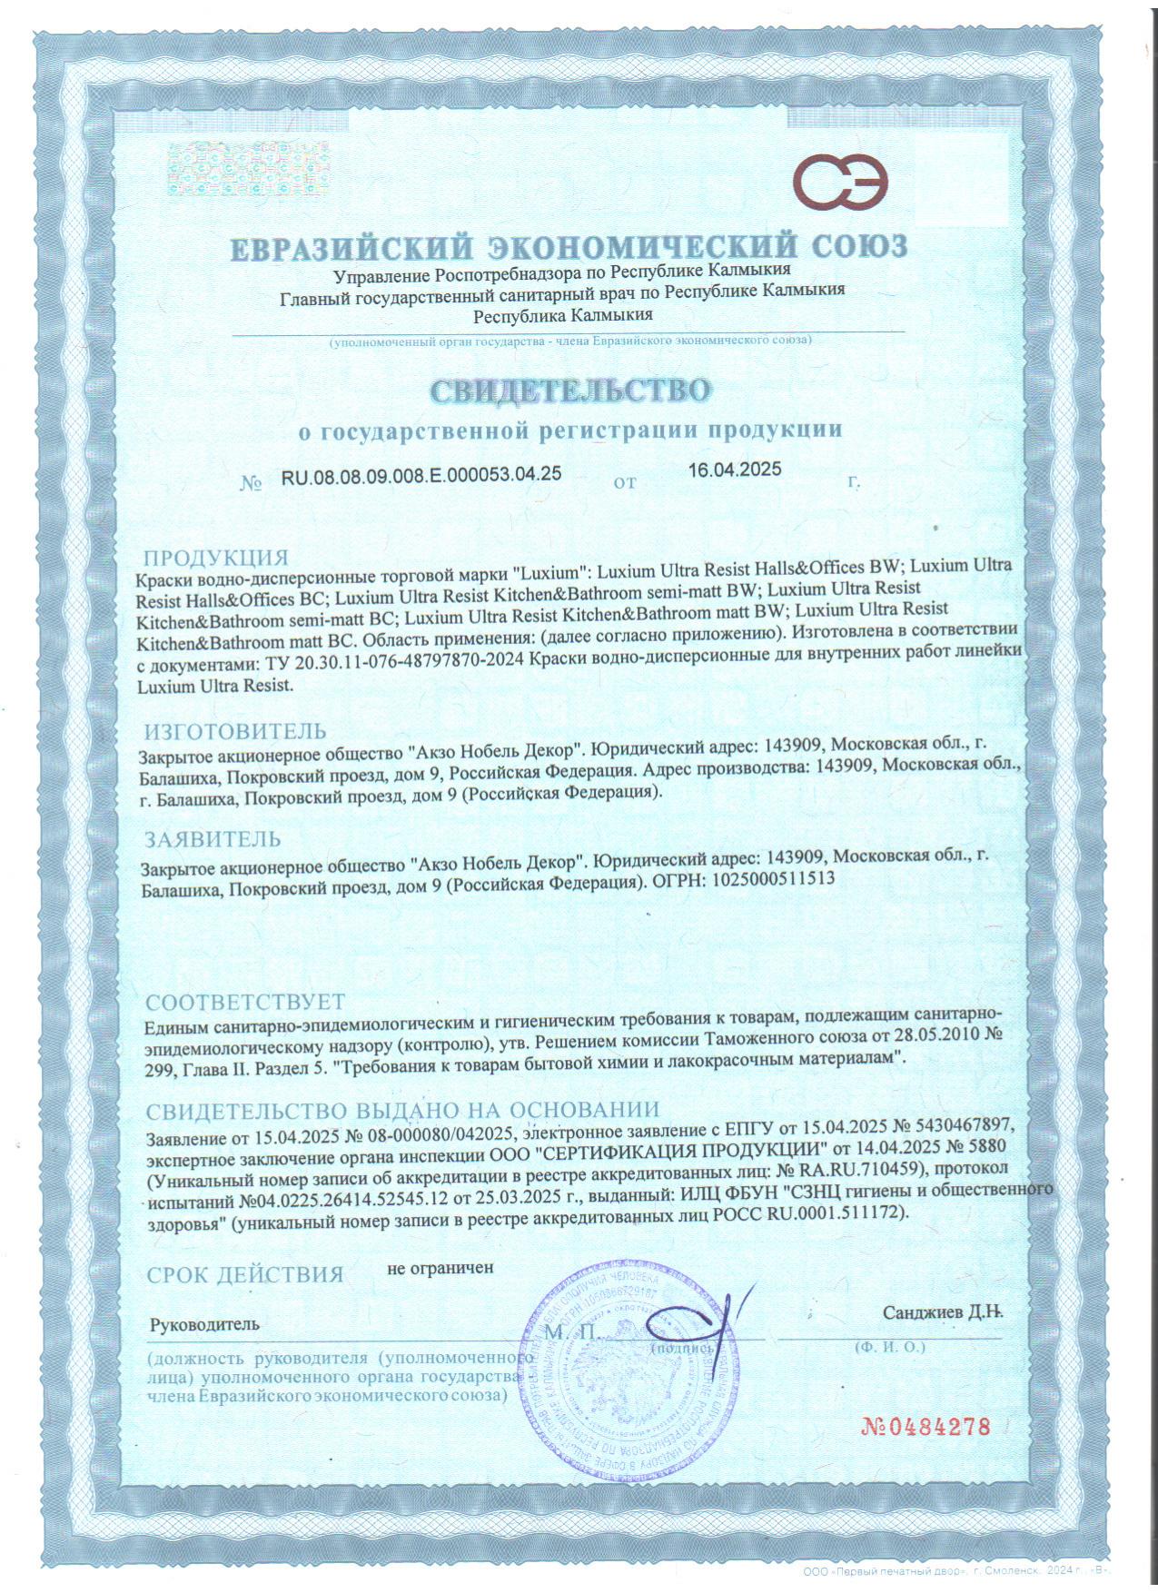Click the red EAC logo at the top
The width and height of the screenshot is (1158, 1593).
pyautogui.click(x=841, y=181)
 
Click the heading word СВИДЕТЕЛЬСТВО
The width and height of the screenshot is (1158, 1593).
pyautogui.click(x=569, y=391)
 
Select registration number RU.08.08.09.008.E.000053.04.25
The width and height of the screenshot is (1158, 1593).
pyautogui.click(x=421, y=474)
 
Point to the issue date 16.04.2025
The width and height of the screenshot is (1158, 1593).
pyautogui.click(x=734, y=470)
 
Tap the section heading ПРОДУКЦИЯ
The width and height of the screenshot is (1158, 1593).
pyautogui.click(x=216, y=558)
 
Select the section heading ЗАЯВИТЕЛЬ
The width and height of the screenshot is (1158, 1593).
pyautogui.click(x=213, y=838)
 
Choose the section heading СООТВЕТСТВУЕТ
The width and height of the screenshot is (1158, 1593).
pyautogui.click(x=246, y=1002)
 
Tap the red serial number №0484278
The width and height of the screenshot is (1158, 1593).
pyautogui.click(x=925, y=1426)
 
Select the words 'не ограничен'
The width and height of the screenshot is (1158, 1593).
pyautogui.click(x=440, y=1267)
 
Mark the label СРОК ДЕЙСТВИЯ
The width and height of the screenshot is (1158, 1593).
pyautogui.click(x=245, y=1274)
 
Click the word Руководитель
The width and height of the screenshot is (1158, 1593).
pyautogui.click(x=204, y=1324)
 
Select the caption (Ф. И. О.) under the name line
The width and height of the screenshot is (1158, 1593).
pyautogui.click(x=889, y=1347)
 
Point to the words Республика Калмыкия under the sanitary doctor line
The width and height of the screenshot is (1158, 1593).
pyautogui.click(x=563, y=315)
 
